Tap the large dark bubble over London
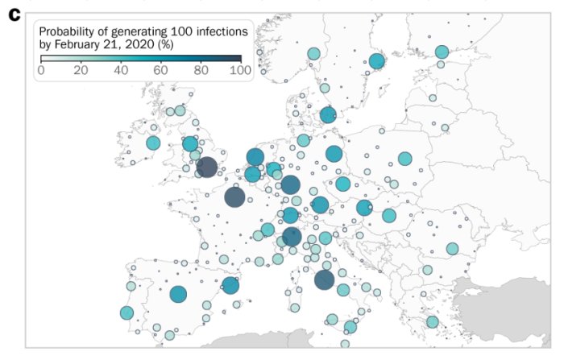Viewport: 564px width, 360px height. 206,167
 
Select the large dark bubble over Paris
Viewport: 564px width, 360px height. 234,197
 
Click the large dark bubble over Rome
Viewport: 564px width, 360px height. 324,279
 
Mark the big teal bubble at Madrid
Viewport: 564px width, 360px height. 178,294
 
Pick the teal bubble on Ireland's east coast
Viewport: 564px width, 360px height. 153,143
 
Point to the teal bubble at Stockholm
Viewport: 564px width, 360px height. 376,61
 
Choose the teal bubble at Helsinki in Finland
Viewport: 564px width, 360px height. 442,52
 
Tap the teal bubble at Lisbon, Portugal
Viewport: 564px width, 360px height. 126,312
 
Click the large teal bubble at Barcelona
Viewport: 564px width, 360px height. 231,285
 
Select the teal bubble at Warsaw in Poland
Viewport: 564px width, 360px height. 404,159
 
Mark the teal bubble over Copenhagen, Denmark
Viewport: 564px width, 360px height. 327,115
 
